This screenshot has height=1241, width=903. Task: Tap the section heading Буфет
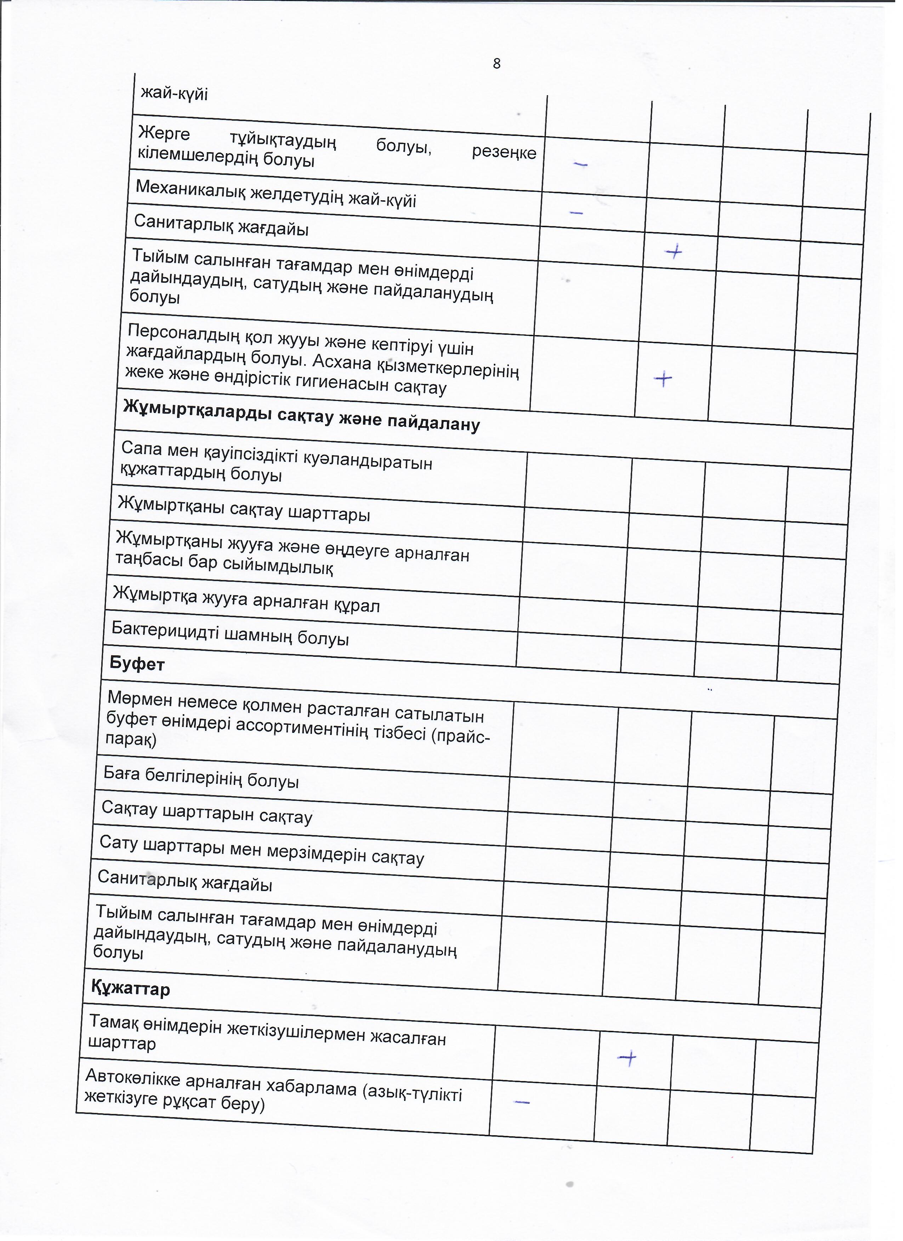coord(137,664)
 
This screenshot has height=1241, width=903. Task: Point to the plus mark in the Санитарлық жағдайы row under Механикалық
coord(674,252)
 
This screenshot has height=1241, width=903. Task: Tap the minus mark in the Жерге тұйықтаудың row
coord(580,163)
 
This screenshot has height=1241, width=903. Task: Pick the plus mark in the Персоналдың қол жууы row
coord(663,379)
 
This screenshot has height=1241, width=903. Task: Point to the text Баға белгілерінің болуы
coord(201,777)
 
